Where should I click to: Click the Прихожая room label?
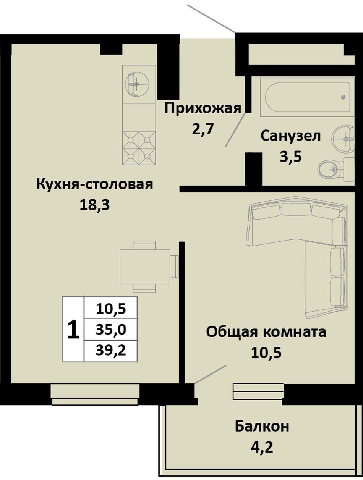pos(203,109)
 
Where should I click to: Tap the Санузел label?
pos(290,136)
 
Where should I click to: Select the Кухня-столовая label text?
pos(94,184)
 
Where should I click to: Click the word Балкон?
pos(262,426)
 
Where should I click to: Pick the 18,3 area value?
pos(94,205)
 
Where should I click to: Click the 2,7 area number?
pos(203,129)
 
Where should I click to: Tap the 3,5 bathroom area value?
pos(291,157)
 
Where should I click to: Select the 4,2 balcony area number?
pos(262,447)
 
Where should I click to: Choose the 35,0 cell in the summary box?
pos(111,330)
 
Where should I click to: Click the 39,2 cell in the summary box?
pos(111,351)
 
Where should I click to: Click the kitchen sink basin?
pos(137,84)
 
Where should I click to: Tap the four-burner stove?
pos(139,148)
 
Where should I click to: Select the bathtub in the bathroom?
pos(307,97)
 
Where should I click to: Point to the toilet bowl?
pos(331,169)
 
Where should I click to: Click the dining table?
pos(145,267)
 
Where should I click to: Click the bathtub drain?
pos(343,97)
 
